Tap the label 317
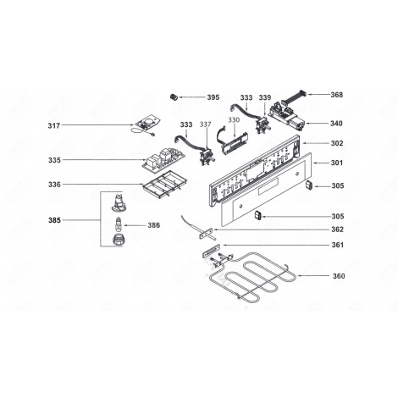coord(54,126)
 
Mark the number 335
coord(54,160)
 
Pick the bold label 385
coord(54,220)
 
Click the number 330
coord(235,120)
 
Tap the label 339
coord(265,98)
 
